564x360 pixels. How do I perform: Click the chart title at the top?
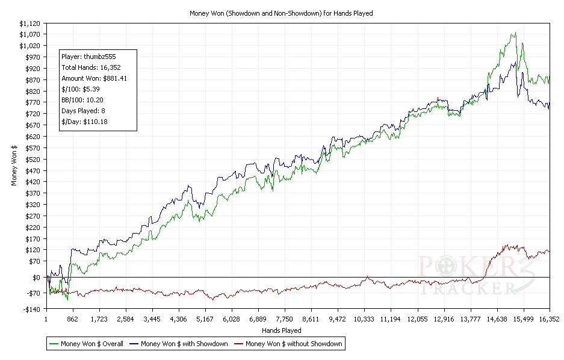tap(281, 13)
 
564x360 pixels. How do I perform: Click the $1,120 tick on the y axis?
tap(30, 23)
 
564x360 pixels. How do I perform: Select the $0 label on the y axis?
tap(37, 277)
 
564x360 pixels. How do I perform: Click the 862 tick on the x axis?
tap(72, 319)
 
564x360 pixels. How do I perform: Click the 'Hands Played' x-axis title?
tap(282, 331)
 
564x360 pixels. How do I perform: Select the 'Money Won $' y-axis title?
tap(14, 166)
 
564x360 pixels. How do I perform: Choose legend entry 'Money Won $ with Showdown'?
tap(184, 344)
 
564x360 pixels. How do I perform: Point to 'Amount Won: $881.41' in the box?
tap(94, 78)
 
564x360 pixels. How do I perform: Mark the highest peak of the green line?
tap(515, 33)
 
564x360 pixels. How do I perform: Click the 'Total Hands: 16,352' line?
tap(91, 67)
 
